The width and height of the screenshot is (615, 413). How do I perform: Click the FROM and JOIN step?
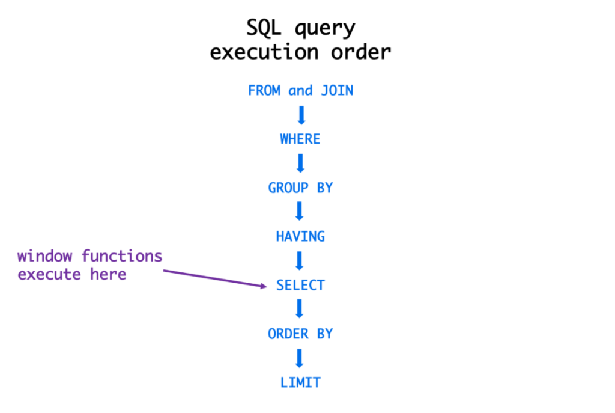pyautogui.click(x=300, y=91)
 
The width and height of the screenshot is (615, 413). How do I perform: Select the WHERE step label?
pyautogui.click(x=300, y=139)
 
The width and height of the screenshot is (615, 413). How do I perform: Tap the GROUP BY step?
pyautogui.click(x=300, y=188)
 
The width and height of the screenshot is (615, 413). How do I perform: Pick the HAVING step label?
pyautogui.click(x=300, y=237)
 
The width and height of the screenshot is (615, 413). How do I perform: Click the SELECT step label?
pyautogui.click(x=300, y=286)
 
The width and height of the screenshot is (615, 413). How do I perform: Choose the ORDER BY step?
pyautogui.click(x=300, y=334)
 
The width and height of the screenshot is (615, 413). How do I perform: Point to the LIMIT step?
pyautogui.click(x=300, y=382)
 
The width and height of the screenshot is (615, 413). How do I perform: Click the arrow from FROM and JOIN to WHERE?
pyautogui.click(x=301, y=115)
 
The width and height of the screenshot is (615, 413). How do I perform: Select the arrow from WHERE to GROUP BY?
pyautogui.click(x=301, y=164)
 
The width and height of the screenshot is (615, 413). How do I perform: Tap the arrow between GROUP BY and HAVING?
pyautogui.click(x=300, y=212)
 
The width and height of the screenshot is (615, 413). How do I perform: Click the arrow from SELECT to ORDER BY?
pyautogui.click(x=300, y=309)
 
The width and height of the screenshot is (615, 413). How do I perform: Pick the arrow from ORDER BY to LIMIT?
pyautogui.click(x=300, y=358)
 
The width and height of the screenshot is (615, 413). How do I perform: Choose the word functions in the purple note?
pyautogui.click(x=122, y=257)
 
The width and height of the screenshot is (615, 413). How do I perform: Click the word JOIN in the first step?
pyautogui.click(x=336, y=91)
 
